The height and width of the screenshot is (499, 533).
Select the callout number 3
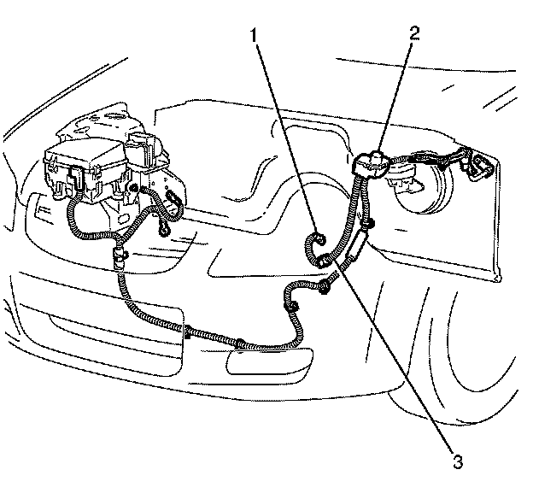tap(458, 462)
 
